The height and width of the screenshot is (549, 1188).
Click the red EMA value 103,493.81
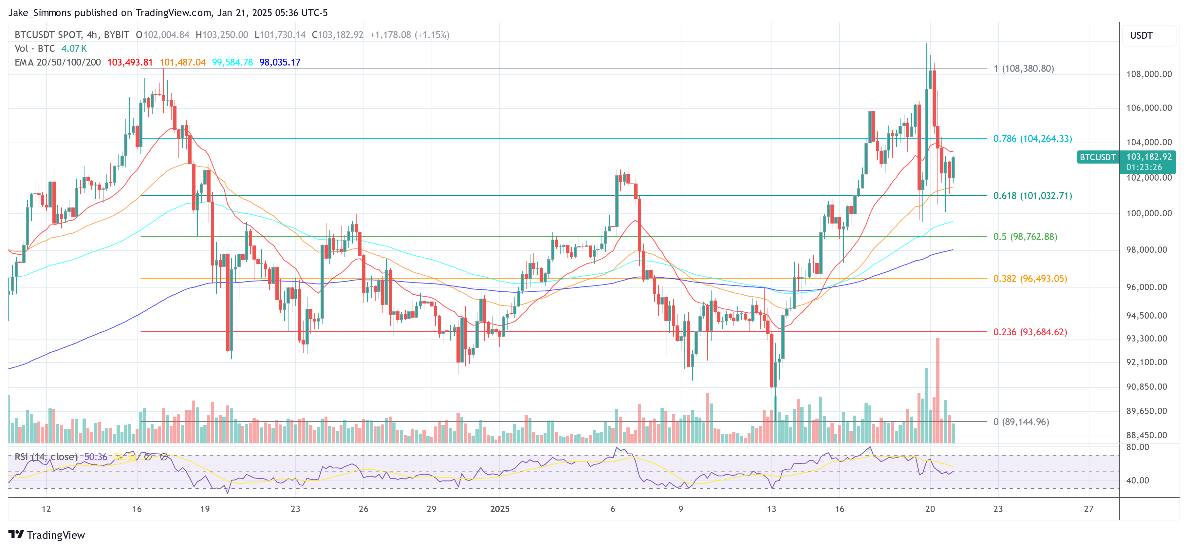130,62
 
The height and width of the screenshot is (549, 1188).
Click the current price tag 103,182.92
1148,157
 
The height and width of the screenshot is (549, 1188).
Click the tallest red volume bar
937,390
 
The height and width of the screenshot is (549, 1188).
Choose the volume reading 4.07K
74,49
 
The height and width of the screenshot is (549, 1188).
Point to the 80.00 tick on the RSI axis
1137,447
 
